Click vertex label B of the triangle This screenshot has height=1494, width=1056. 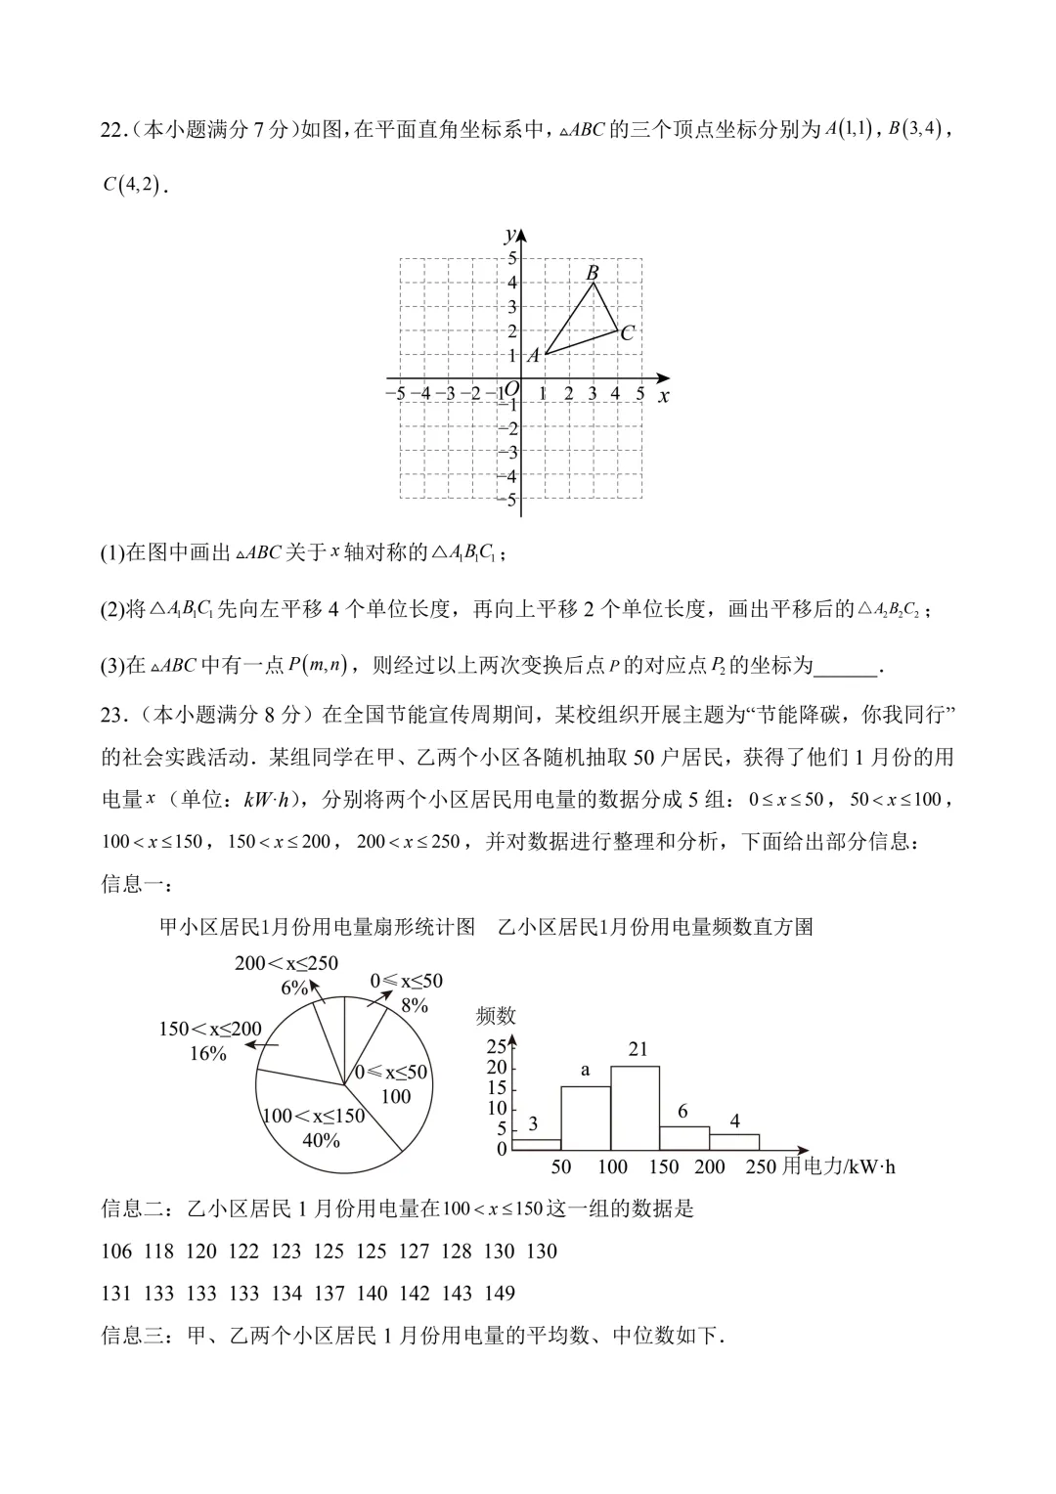(593, 273)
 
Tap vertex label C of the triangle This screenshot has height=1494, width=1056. (628, 332)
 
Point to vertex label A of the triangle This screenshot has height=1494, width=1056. (533, 356)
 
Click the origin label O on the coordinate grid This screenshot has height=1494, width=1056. (510, 389)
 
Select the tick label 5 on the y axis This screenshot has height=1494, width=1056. (509, 258)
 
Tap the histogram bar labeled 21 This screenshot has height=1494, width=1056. (635, 1108)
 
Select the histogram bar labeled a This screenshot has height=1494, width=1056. (586, 1119)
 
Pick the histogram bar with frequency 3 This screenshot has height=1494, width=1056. (536, 1144)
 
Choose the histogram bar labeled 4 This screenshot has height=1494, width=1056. (734, 1142)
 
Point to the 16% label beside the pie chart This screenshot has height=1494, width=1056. (207, 1053)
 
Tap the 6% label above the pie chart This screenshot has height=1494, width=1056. (294, 988)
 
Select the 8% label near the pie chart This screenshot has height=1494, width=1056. (415, 1004)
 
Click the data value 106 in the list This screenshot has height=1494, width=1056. (115, 1252)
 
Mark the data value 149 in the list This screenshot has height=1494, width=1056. (499, 1294)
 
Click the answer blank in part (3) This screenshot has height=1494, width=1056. (846, 666)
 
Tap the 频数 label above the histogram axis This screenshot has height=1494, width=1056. (496, 1016)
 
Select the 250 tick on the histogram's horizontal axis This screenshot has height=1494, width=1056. (760, 1166)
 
